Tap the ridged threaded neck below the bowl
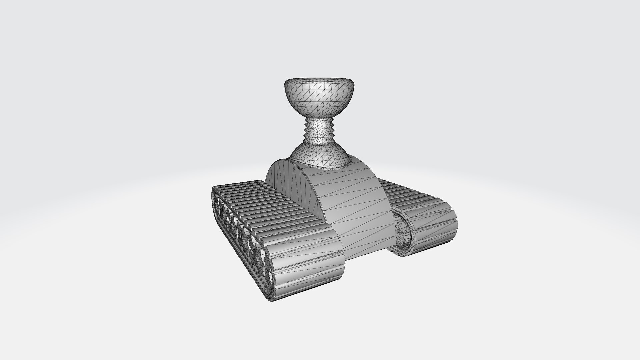[319, 132]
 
